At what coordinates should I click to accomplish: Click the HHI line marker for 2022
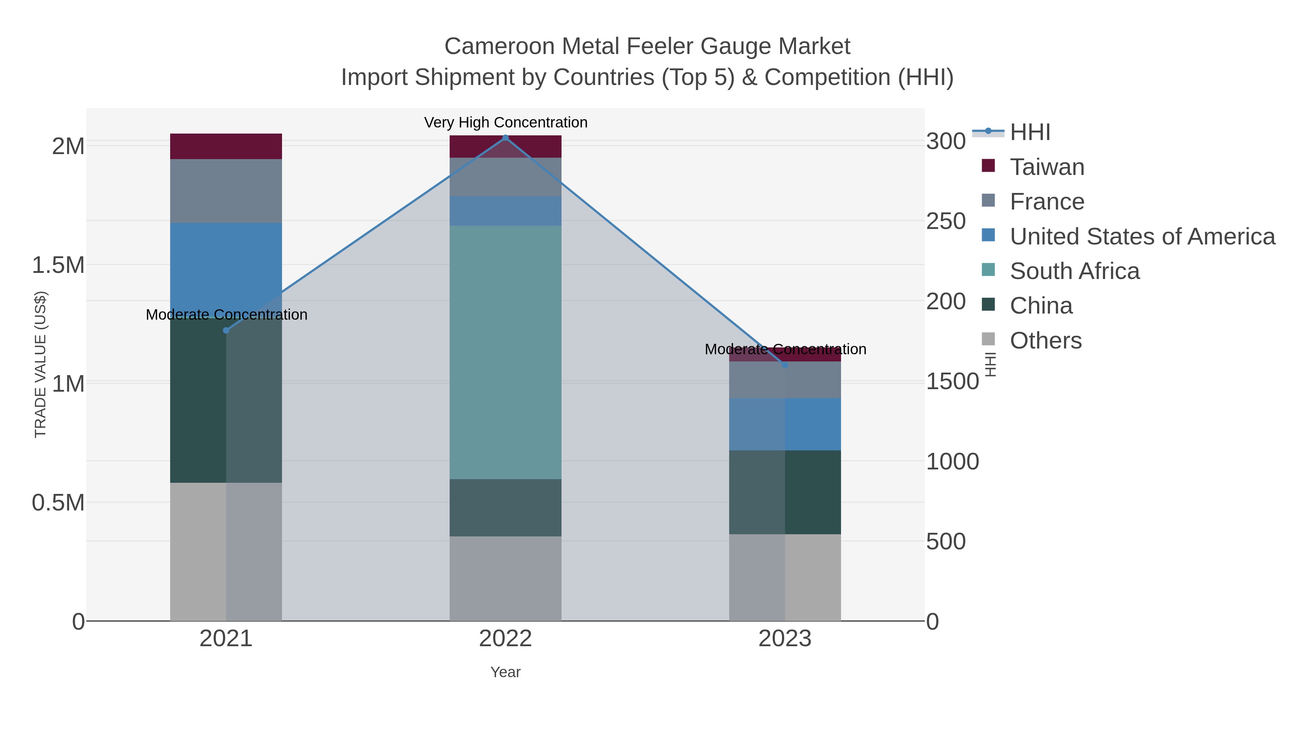pyautogui.click(x=505, y=138)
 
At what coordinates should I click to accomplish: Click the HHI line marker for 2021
pyautogui.click(x=226, y=330)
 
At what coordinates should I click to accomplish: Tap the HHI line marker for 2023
pyautogui.click(x=785, y=365)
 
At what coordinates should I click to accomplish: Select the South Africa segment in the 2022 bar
pyautogui.click(x=505, y=352)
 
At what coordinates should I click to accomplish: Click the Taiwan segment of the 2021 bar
pyautogui.click(x=226, y=147)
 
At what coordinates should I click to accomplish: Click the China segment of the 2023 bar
pyautogui.click(x=785, y=492)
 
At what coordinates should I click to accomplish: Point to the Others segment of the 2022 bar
pyautogui.click(x=505, y=579)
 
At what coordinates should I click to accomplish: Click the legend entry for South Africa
pyautogui.click(x=1074, y=271)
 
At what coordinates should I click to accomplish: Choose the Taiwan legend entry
pyautogui.click(x=1047, y=167)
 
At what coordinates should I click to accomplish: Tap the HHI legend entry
pyautogui.click(x=1030, y=132)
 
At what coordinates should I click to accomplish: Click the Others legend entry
pyautogui.click(x=1045, y=341)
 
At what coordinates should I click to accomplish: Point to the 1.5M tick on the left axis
pyautogui.click(x=58, y=265)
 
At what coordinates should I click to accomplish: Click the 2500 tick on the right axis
pyautogui.click(x=946, y=221)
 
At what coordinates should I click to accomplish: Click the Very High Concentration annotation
pyautogui.click(x=505, y=122)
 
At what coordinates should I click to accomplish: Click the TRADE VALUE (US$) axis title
pyautogui.click(x=40, y=364)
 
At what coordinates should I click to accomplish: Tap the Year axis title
pyautogui.click(x=505, y=672)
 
